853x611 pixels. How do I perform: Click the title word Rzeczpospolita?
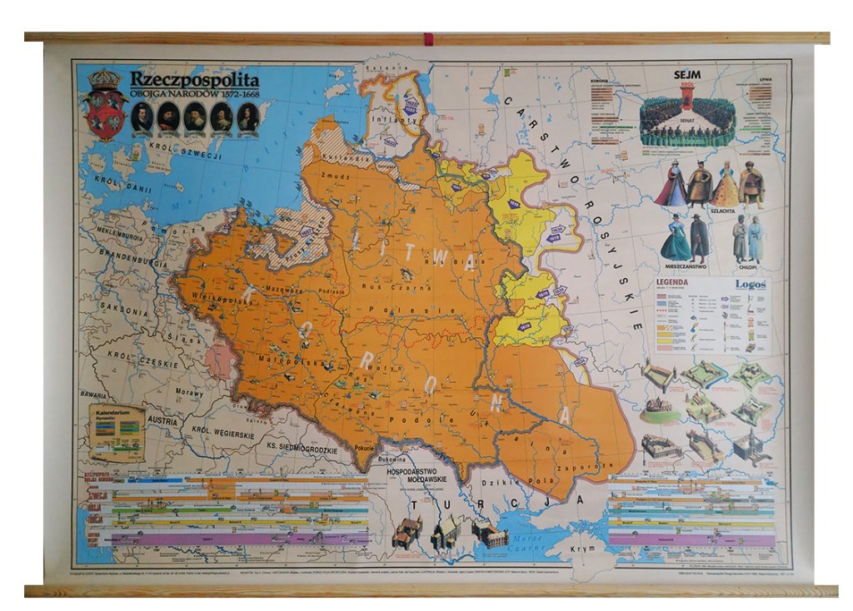(x=194, y=79)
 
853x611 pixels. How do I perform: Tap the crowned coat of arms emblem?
(x=105, y=106)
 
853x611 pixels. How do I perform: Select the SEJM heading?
(x=686, y=74)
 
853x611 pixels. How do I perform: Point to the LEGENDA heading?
(x=671, y=282)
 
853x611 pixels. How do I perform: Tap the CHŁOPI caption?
(x=747, y=266)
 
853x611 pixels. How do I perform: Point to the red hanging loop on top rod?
(x=428, y=38)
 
